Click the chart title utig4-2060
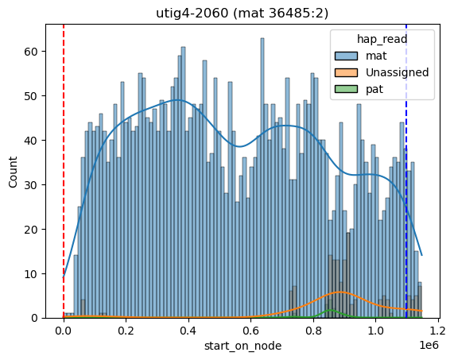192,13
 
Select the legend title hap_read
382,39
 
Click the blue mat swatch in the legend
346,56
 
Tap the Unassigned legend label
398,72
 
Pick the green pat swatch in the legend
346,89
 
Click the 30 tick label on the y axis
30,185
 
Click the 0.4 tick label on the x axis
188,330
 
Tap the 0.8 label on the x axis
313,330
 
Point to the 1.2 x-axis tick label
438,330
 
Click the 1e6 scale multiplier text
429,345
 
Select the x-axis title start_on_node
243,346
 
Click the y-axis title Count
13,172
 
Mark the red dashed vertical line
64,172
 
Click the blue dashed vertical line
406,172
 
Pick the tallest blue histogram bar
262,178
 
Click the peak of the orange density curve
340,292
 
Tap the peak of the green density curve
331,310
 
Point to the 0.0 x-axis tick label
64,330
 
